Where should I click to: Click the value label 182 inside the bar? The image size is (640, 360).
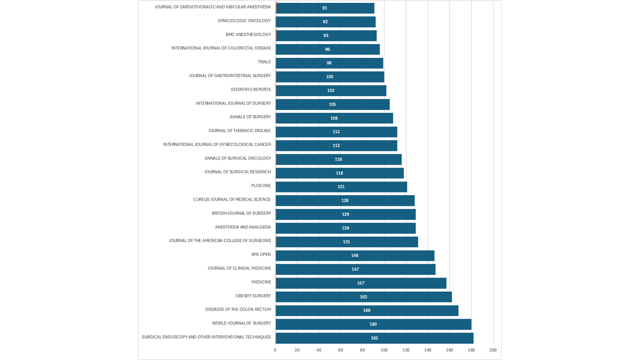(374, 338)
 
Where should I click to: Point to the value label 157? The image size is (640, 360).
(360, 283)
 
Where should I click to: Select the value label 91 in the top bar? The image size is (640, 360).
(324, 8)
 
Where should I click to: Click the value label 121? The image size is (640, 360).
(341, 187)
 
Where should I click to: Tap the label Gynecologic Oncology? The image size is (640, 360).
(244, 21)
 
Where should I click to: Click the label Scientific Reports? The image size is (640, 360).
(251, 89)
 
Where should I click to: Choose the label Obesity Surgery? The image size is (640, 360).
(253, 296)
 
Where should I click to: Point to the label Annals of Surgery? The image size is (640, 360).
(250, 117)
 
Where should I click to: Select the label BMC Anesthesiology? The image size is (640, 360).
(248, 34)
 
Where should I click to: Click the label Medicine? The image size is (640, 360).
(261, 282)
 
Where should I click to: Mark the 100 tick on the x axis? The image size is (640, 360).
(384, 350)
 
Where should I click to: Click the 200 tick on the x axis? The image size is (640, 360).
(493, 350)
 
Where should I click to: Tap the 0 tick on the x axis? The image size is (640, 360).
(275, 350)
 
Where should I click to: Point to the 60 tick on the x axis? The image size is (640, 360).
(341, 350)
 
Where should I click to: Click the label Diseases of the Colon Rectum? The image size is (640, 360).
(238, 309)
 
